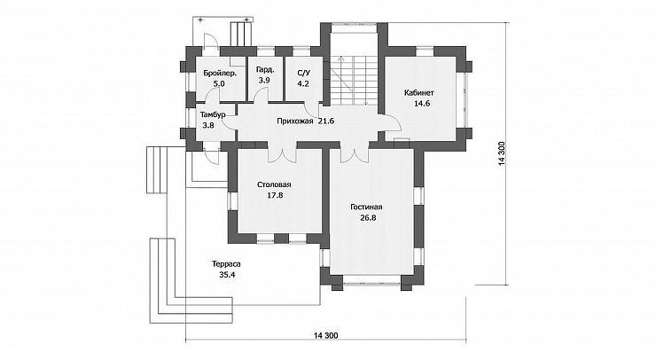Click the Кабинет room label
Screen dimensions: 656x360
pos(418,92)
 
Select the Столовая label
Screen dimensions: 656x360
pos(275,184)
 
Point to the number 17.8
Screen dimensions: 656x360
pos(275,195)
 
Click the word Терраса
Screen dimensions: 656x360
pos(226,264)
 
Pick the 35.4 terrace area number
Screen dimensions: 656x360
pos(226,275)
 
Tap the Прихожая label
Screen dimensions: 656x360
pos(295,121)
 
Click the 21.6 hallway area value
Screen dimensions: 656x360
pos(326,121)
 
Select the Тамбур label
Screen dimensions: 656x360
pos(213,114)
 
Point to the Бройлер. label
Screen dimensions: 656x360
pos(220,74)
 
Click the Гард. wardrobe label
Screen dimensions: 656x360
pos(265,69)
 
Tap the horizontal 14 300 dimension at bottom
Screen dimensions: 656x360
pos(325,335)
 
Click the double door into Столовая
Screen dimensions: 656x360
pos(283,153)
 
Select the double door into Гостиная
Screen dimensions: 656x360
pos(355,153)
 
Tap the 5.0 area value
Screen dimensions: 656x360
pos(219,83)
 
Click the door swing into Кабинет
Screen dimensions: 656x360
pos(394,122)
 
